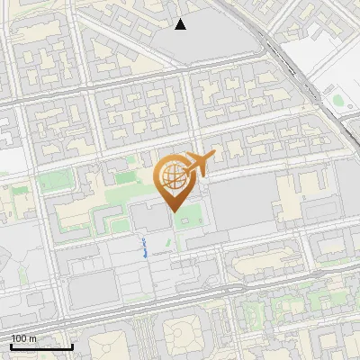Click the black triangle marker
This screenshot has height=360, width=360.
180,24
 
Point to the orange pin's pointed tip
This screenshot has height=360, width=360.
173,211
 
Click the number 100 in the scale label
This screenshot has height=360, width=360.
19,338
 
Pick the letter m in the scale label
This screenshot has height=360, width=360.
33,338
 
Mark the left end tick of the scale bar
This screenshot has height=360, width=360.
11,346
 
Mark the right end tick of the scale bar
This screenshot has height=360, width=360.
72,346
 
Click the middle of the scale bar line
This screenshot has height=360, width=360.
41,346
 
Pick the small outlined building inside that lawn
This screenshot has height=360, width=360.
187,221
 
